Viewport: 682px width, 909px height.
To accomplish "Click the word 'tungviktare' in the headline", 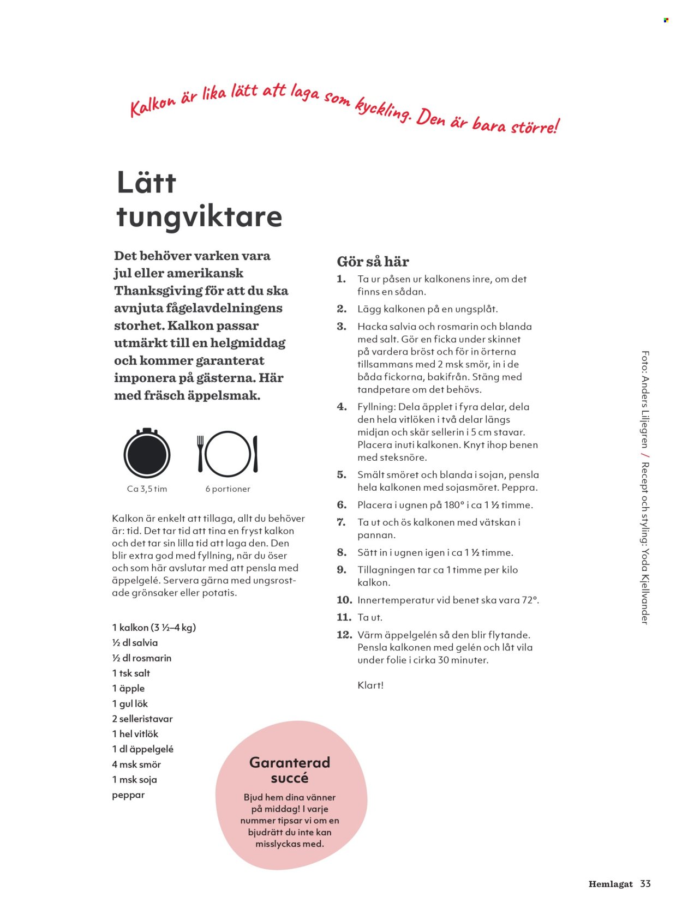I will tap(199, 217).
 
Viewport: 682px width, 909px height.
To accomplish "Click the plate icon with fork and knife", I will tap(228, 454).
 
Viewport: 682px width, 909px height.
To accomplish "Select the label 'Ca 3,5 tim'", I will tap(147, 489).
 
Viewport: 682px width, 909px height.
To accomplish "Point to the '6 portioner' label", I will tap(228, 489).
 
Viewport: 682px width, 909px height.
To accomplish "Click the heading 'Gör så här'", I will tap(373, 262).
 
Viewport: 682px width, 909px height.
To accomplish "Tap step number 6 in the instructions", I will tap(342, 505).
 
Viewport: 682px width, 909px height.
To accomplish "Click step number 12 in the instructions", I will tap(344, 635).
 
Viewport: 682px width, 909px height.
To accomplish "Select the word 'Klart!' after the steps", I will tap(370, 685).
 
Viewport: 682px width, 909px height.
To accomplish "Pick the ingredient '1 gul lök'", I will tap(130, 704).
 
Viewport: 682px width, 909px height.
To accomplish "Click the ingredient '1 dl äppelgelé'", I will tap(142, 749).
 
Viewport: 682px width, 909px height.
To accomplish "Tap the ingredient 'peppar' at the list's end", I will tap(128, 795).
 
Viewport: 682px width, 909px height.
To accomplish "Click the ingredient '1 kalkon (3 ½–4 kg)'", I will tap(154, 628).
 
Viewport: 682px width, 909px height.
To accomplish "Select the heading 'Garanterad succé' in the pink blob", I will tap(290, 770).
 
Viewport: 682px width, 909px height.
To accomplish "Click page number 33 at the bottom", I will tap(645, 884).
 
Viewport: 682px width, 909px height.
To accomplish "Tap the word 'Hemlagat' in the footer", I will tap(611, 884).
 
